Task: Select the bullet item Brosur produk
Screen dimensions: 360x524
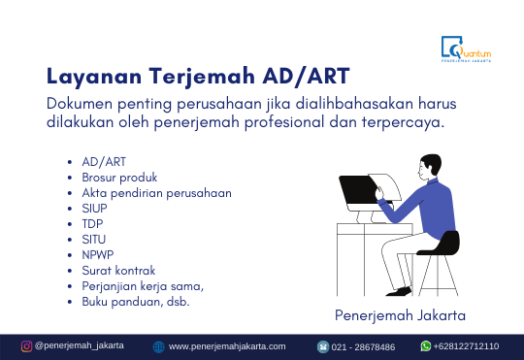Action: pyautogui.click(x=119, y=178)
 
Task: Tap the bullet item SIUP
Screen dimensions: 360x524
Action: pyautogui.click(x=95, y=209)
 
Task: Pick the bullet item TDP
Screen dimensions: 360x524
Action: pyautogui.click(x=93, y=224)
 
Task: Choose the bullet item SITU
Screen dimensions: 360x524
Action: pyautogui.click(x=94, y=240)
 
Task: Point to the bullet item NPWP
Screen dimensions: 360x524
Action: pyautogui.click(x=98, y=255)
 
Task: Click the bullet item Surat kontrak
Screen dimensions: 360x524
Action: pyautogui.click(x=118, y=271)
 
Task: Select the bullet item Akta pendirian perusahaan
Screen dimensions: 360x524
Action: pyautogui.click(x=156, y=193)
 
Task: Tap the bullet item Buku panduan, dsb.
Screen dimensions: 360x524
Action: pyautogui.click(x=135, y=302)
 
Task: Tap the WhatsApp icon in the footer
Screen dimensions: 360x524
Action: pyautogui.click(x=425, y=346)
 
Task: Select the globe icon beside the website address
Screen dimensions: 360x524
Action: pyautogui.click(x=158, y=346)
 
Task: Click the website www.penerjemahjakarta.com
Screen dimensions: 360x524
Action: pyautogui.click(x=227, y=346)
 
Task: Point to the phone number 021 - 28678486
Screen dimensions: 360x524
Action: pyautogui.click(x=364, y=346)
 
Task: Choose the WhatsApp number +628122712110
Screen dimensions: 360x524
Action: pyautogui.click(x=467, y=346)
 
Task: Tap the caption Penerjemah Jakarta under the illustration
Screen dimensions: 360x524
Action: pyautogui.click(x=400, y=315)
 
